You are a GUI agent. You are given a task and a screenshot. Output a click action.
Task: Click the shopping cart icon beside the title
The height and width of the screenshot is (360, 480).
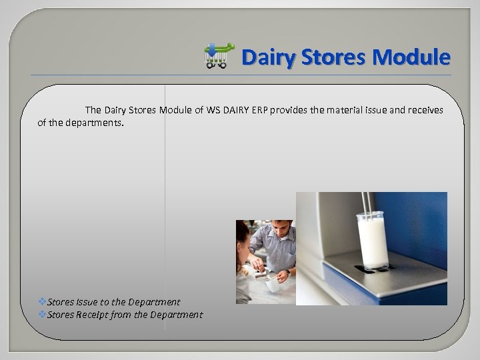coord(219,56)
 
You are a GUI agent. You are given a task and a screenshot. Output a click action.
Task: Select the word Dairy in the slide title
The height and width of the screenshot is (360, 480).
coord(268,57)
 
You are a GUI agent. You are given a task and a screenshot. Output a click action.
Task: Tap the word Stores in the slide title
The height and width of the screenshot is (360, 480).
coord(333,57)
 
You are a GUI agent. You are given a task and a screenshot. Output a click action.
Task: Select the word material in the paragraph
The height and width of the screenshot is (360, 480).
coord(348,110)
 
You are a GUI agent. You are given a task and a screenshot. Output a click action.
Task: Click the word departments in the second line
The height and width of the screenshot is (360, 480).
coord(94,123)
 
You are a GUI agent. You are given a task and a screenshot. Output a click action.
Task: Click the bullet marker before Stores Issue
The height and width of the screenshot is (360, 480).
coord(42,302)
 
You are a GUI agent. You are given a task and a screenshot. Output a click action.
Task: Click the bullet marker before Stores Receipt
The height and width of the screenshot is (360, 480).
coord(42,315)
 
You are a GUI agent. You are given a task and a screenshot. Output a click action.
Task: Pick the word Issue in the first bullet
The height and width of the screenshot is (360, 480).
coord(87,302)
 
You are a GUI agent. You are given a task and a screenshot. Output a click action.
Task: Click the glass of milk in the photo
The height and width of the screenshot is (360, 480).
coord(373,240)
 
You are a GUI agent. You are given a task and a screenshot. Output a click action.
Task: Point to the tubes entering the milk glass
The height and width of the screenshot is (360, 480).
coord(366,203)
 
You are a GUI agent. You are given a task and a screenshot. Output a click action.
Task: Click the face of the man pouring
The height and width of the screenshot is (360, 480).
coord(281,233)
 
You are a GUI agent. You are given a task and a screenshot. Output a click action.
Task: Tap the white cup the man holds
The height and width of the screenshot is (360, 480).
coord(273,285)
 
